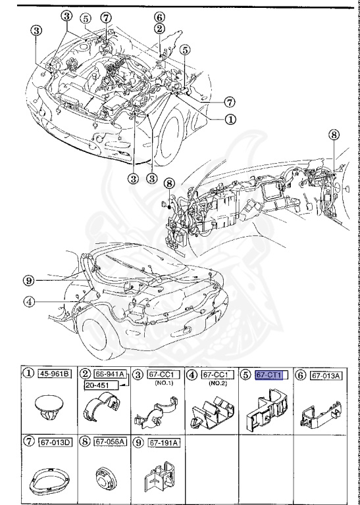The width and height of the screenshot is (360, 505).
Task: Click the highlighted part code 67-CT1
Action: coord(269,374)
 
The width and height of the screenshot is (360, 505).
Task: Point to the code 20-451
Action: coord(99,385)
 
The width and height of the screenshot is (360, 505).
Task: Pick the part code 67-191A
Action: coord(162,441)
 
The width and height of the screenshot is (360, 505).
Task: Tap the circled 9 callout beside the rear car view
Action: coord(28,280)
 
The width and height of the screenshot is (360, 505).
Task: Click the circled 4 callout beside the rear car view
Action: coord(28,303)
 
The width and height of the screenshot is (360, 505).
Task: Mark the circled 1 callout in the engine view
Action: coord(230,120)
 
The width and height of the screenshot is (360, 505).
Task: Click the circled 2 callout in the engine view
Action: coord(159,28)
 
